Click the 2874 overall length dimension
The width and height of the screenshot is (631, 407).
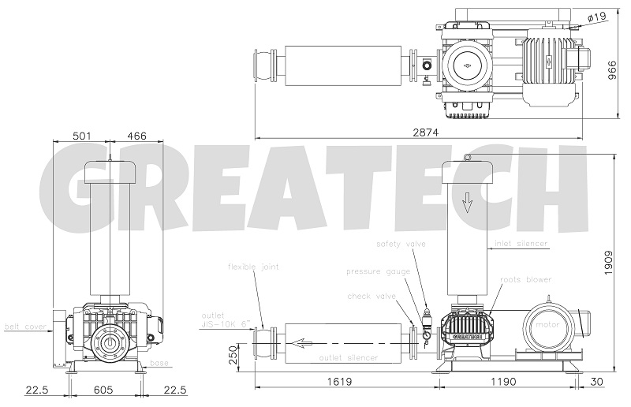(425, 132)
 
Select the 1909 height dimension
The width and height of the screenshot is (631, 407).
(609, 263)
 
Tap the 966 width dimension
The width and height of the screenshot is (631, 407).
(612, 70)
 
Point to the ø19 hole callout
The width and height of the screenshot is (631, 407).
(596, 17)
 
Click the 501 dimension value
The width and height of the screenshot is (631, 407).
(81, 136)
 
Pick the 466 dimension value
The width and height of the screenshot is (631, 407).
(136, 136)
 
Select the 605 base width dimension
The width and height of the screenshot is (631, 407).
(103, 390)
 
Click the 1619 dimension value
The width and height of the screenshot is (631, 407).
(339, 381)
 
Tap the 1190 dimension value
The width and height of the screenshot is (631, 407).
(503, 381)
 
